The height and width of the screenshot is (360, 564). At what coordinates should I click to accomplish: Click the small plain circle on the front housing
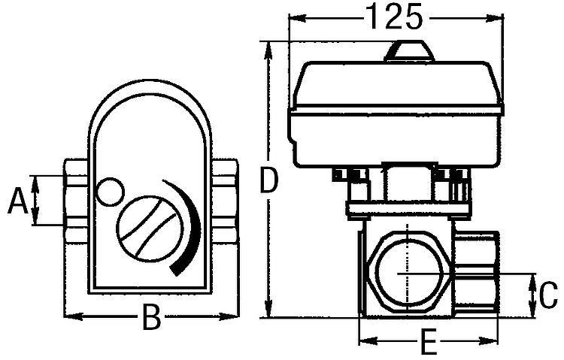[110, 192]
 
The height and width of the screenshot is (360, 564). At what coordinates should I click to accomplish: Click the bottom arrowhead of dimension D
[268, 311]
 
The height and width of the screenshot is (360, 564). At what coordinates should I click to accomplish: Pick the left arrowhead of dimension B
[70, 316]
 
